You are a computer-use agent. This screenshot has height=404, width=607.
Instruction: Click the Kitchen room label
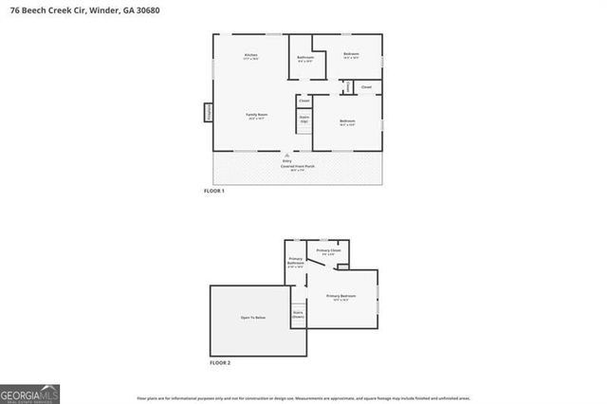click(251, 55)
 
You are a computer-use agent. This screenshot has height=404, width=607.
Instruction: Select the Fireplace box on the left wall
click(208, 112)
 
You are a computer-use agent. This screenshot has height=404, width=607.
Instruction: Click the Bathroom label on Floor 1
click(304, 58)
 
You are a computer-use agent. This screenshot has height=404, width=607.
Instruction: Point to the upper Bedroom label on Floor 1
click(350, 54)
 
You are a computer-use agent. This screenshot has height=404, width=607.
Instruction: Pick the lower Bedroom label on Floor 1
click(347, 120)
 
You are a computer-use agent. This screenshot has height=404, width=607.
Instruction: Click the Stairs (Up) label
click(304, 120)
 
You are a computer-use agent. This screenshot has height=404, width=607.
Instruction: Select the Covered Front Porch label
click(296, 166)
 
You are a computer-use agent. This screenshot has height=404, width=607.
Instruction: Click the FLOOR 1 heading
click(215, 192)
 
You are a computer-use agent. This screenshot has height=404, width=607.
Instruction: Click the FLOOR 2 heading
click(218, 363)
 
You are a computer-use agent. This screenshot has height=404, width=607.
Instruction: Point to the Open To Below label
click(253, 317)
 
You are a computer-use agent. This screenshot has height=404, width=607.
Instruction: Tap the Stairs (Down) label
click(298, 315)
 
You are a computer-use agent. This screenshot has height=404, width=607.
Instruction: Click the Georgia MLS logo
click(29, 392)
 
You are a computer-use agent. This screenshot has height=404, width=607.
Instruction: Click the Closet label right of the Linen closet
click(366, 87)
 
